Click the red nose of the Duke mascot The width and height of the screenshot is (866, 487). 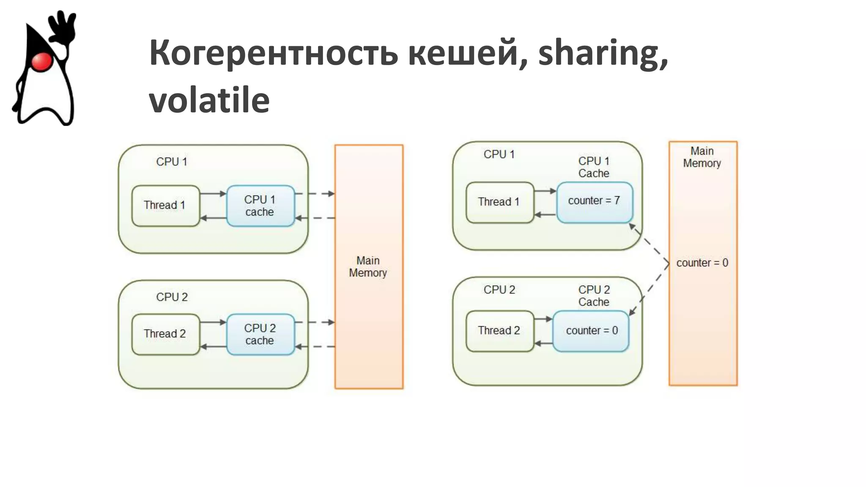click(41, 62)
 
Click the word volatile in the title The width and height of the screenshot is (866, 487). click(209, 101)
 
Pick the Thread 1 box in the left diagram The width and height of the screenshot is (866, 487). click(165, 206)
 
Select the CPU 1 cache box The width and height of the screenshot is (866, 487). click(260, 206)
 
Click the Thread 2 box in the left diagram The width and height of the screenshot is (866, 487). click(165, 334)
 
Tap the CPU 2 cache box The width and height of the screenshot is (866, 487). click(260, 334)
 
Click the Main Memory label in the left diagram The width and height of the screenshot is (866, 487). click(368, 267)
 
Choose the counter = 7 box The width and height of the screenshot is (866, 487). click(594, 202)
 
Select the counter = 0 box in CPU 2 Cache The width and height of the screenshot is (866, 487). click(591, 331)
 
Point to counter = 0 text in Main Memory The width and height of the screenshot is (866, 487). click(702, 263)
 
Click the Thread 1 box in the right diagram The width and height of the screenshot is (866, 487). click(499, 202)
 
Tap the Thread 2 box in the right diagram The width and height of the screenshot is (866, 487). click(499, 331)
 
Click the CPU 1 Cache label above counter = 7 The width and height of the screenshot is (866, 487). click(594, 167)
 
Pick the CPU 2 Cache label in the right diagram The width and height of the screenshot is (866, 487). click(594, 296)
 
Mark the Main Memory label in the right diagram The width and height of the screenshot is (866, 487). click(702, 157)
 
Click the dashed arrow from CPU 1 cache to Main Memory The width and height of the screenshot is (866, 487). click(315, 194)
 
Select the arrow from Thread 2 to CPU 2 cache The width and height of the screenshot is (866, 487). click(213, 322)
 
